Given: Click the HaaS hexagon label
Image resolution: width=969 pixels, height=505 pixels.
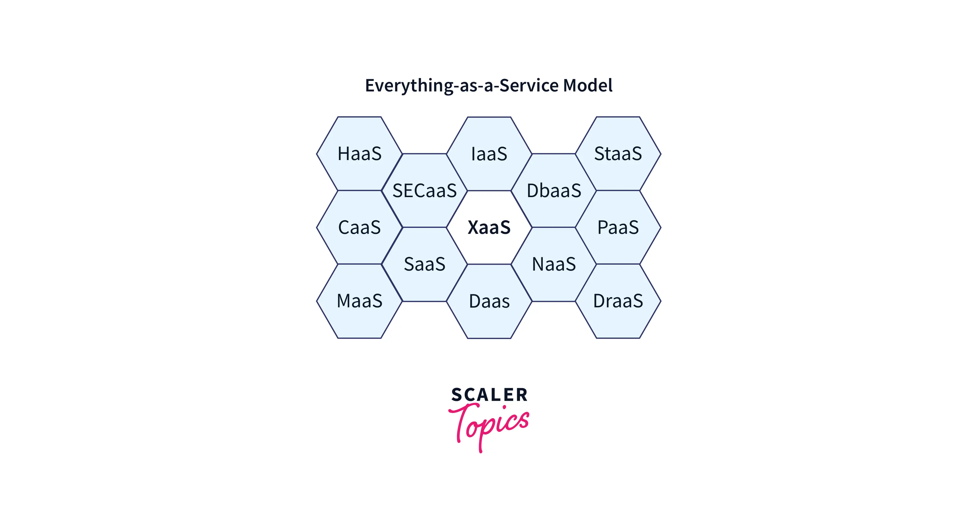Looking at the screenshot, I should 360,154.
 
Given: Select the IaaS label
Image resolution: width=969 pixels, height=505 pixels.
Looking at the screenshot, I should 489,154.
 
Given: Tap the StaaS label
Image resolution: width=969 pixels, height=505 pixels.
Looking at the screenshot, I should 618,154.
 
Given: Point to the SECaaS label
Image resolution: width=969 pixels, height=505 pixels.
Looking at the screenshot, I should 425,191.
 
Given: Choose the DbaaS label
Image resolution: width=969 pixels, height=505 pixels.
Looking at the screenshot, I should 554,191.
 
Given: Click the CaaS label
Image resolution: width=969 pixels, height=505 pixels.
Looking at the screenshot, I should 359,228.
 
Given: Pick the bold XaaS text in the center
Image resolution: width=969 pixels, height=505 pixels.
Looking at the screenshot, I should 489,228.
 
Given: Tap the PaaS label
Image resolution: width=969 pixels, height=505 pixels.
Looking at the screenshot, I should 618,228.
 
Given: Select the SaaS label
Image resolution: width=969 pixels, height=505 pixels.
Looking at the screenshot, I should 425,264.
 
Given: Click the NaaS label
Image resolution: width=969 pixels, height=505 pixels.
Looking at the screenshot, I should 554,264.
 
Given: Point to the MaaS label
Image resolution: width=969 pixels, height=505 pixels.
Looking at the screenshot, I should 360,301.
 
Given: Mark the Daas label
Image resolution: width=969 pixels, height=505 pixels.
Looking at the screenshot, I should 489,301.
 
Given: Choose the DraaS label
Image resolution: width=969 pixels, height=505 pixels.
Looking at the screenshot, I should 618,301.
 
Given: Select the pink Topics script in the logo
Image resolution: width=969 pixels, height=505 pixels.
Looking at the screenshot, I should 489,425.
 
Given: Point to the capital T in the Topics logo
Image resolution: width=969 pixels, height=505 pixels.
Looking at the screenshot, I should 462,419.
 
